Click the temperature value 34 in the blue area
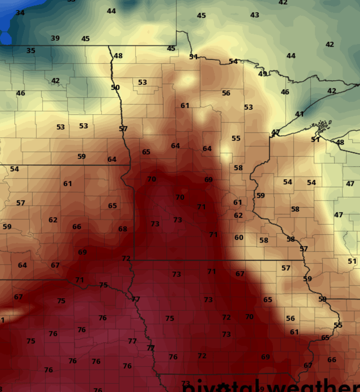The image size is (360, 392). pos(20,13)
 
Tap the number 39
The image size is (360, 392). pos(55,38)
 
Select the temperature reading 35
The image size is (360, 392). pos(30,50)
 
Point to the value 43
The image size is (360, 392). pos(255,15)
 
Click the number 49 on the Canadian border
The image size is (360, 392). pos(263,74)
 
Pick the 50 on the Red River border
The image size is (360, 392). pos(115,87)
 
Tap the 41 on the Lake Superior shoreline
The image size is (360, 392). pos(299,114)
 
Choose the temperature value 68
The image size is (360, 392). pos(122,229)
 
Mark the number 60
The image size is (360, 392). pos(239,237)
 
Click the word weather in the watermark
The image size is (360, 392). pos(313,387)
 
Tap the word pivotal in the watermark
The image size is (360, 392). pos(222,387)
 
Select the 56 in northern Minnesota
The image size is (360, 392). pos(226,93)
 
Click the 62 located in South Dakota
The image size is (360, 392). pos(53,220)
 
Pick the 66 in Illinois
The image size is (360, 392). pos(332,359)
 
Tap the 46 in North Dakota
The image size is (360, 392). pos(21,93)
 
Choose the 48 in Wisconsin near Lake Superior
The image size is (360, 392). pos(340,142)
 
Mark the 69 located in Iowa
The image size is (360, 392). pos(265,357)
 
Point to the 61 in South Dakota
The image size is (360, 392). pos(68,184)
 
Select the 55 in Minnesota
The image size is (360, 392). pos(236,138)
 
